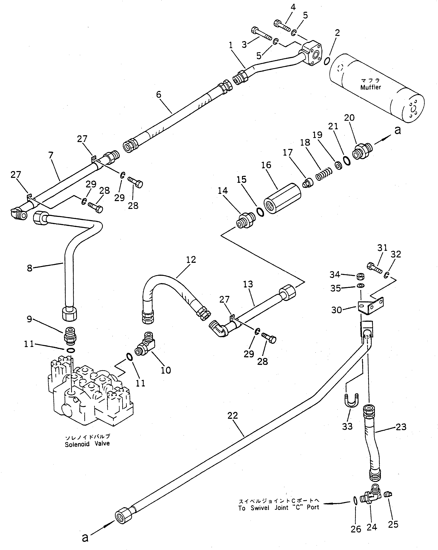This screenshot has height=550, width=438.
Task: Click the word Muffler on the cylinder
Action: click(370, 87)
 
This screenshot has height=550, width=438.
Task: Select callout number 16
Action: click(266, 165)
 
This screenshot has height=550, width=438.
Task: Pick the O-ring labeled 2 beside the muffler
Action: click(327, 61)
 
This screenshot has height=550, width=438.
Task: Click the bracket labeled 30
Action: click(371, 305)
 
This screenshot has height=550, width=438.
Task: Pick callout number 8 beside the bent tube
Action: click(30, 268)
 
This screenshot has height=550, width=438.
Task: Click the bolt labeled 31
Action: click(375, 268)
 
